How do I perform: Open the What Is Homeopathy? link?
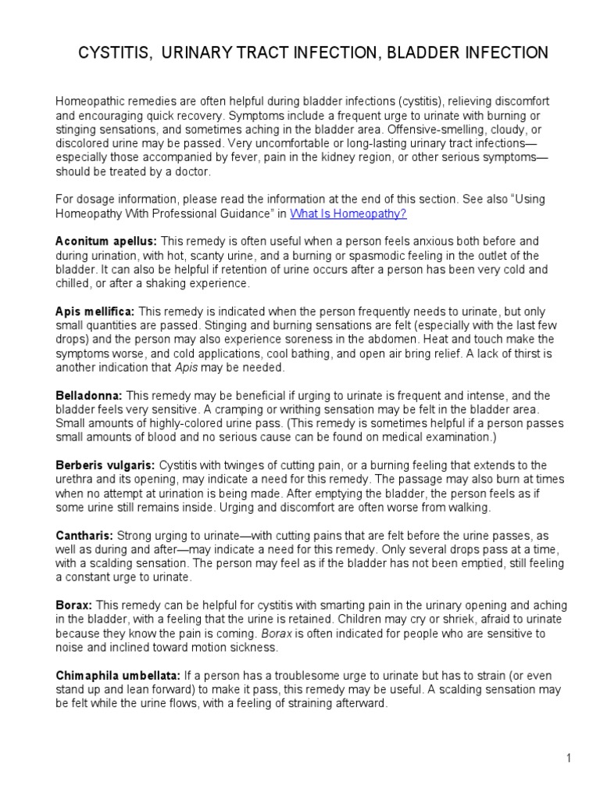click(x=348, y=213)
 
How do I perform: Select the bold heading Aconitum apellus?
click(x=105, y=241)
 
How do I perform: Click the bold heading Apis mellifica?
click(x=95, y=311)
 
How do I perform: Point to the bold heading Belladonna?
click(x=88, y=396)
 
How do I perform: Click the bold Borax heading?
click(x=73, y=605)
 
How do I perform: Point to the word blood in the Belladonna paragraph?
click(x=160, y=438)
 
